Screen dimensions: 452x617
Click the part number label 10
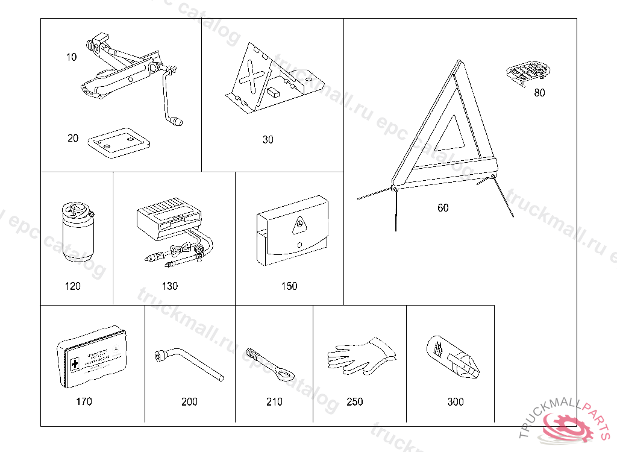[72, 57]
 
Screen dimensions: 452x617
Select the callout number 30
[268, 140]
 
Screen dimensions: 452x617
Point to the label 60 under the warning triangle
[443, 208]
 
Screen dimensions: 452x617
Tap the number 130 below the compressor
[171, 286]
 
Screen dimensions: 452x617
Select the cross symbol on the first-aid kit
[75, 364]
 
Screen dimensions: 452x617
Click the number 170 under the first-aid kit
[84, 401]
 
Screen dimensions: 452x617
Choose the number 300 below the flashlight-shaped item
[456, 402]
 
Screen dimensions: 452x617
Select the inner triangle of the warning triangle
[450, 135]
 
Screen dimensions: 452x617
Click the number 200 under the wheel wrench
[189, 402]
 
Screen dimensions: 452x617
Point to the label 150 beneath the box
[289, 286]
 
